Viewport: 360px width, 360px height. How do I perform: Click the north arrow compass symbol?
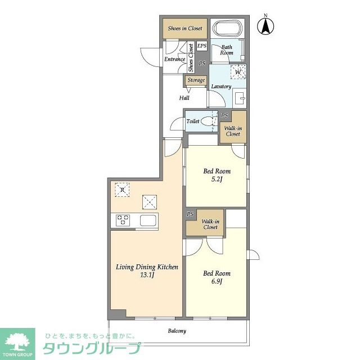265,26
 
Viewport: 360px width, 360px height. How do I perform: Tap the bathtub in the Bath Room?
227,28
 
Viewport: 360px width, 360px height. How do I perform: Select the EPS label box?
202,46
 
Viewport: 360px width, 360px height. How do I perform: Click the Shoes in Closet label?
185,29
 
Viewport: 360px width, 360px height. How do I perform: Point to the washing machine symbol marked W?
238,72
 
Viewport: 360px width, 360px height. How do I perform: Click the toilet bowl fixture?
207,121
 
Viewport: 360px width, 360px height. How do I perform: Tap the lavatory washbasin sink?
240,98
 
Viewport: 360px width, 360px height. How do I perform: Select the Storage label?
196,80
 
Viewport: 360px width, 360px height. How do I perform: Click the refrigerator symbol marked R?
122,190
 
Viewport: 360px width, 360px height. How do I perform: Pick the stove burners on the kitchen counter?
123,220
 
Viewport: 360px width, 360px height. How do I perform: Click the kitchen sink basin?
148,220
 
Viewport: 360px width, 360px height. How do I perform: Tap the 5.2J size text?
217,179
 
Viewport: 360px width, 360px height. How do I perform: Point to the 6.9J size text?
217,281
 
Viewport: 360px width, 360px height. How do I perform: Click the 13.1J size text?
147,275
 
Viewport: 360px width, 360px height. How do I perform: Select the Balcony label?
177,331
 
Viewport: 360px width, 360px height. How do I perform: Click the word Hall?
184,98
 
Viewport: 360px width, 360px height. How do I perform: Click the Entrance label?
175,59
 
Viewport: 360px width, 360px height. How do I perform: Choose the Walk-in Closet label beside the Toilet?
233,131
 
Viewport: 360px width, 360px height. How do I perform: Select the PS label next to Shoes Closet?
202,63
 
